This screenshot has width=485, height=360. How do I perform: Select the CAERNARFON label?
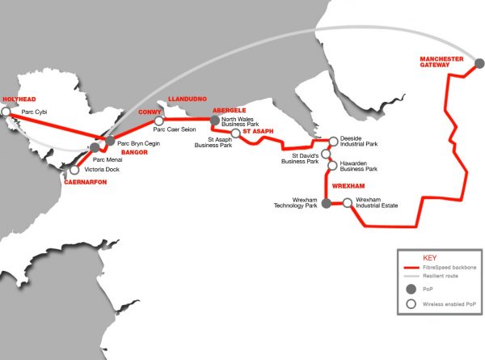click(x=85, y=183)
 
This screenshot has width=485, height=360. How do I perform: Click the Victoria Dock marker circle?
click(x=74, y=170)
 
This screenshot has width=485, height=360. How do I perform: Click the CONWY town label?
click(x=150, y=112)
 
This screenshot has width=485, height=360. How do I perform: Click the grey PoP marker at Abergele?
click(x=215, y=120)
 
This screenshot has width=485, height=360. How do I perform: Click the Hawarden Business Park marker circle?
click(x=332, y=166)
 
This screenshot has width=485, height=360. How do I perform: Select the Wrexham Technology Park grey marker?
click(x=327, y=204)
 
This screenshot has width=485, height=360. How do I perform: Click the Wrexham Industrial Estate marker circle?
click(x=348, y=204)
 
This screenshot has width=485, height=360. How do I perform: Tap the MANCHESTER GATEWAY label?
click(x=441, y=63)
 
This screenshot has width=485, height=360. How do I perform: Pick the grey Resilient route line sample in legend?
click(x=415, y=276)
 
